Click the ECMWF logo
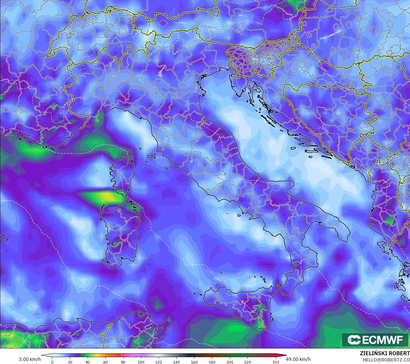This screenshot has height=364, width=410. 376,340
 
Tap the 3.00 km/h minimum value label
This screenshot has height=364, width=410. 30,359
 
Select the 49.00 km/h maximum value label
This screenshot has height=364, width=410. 298,359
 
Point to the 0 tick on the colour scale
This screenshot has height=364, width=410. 52,362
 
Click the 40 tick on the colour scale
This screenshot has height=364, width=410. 88,362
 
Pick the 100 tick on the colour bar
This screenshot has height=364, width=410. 141,362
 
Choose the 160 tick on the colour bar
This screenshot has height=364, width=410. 194,362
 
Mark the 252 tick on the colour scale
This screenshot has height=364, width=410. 276,362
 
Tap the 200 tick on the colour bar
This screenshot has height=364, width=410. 230,362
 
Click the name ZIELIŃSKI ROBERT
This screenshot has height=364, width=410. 385,354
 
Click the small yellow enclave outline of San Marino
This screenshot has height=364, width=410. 204,122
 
